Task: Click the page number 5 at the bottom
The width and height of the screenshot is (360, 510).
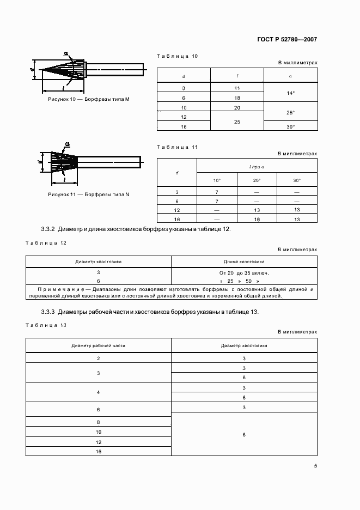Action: tap(315, 465)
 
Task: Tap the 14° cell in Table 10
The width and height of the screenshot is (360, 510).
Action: tap(290, 93)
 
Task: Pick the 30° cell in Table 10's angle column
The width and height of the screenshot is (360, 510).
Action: tap(290, 126)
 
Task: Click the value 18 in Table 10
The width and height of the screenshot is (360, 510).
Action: tap(237, 98)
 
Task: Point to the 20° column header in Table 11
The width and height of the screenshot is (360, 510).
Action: tap(257, 180)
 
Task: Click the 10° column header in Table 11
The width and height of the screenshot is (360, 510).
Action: tap(217, 180)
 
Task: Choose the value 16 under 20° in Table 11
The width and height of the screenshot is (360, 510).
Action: tap(257, 218)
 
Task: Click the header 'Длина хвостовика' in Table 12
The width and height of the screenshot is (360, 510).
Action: tap(244, 262)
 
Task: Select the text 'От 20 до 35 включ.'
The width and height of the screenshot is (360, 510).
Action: tap(244, 272)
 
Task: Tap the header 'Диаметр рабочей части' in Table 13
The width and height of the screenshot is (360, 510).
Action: tap(98, 345)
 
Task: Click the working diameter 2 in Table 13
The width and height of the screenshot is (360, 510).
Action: tap(98, 358)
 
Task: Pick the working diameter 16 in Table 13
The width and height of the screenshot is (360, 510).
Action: tap(98, 451)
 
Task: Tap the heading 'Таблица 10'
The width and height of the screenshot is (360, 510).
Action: tap(177, 56)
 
